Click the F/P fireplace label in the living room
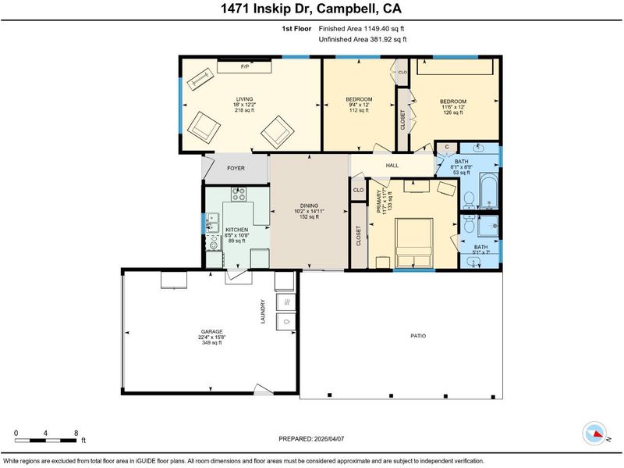pyautogui.click(x=245, y=66)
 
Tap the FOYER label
pyautogui.click(x=236, y=168)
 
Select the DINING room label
pyautogui.click(x=309, y=205)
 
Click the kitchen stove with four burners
pyautogui.click(x=239, y=194)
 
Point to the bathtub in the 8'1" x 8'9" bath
pyautogui.click(x=489, y=191)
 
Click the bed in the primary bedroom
pyautogui.click(x=414, y=242)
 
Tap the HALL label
pyautogui.click(x=392, y=165)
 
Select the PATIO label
pyautogui.click(x=418, y=336)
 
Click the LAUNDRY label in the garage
pyautogui.click(x=263, y=312)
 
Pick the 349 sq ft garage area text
pyautogui.click(x=211, y=342)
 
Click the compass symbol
pyautogui.click(x=595, y=434)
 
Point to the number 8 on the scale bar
pyautogui.click(x=76, y=433)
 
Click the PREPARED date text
pyautogui.click(x=311, y=439)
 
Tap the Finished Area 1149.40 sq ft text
pyautogui.click(x=361, y=29)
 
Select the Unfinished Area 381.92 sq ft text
pyautogui.click(x=363, y=40)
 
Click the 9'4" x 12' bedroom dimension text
pyautogui.click(x=359, y=105)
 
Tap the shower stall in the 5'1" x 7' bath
pyautogui.click(x=488, y=226)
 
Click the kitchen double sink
pyautogui.click(x=212, y=223)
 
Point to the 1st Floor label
pyautogui.click(x=296, y=29)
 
